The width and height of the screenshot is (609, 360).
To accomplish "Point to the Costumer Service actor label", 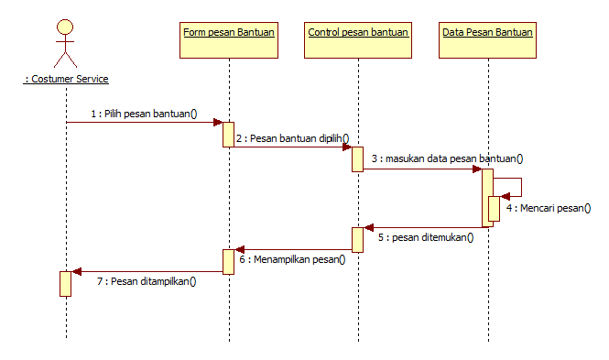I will coord(66,79).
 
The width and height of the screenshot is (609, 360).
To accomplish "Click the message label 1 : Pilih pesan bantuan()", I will coord(144,114).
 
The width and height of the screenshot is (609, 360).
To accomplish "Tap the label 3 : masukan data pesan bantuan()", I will coord(447,158).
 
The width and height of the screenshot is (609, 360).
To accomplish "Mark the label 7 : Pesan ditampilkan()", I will coord(147,281).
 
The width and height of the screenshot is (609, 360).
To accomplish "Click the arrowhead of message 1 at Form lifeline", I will coord(218,122).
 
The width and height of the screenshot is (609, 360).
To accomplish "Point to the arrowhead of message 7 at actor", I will coord(77,271).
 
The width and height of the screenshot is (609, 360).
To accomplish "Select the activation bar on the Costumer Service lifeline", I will coord(65,283).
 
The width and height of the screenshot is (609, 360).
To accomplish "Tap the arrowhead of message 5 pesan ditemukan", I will coord(368,227).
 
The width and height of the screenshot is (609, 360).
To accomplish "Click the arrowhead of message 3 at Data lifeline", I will coord(477,169).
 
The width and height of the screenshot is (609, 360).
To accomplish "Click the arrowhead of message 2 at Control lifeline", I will coord(347,146).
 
